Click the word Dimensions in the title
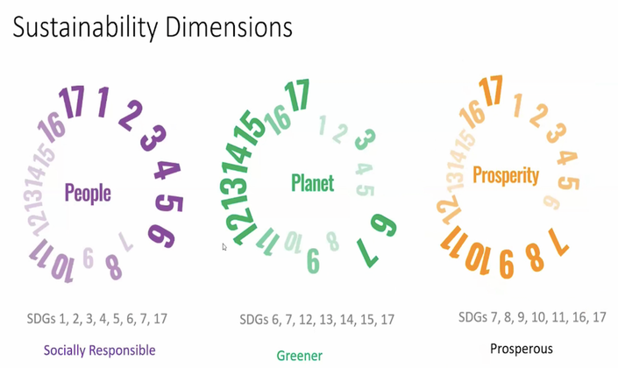click(229, 27)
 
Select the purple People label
click(88, 194)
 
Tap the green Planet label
click(313, 183)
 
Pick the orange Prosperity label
click(506, 175)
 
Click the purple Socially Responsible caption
click(99, 350)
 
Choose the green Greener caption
click(300, 356)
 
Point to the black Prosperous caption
click(521, 349)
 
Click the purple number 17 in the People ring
click(72, 102)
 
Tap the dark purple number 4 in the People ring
click(167, 170)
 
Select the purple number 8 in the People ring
click(113, 267)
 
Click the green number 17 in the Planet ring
click(297, 95)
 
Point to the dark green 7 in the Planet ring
click(367, 253)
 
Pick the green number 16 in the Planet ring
click(277, 120)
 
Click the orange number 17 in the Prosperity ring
click(491, 90)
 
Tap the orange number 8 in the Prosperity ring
click(535, 258)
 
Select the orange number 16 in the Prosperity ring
click(472, 114)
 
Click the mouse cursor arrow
click(224, 247)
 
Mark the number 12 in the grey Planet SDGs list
click(305, 319)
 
